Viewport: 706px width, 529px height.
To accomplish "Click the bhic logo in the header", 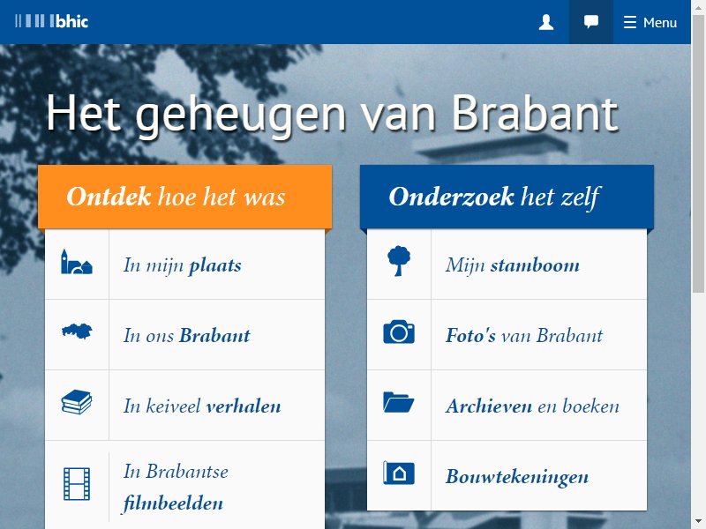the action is pos(52,21).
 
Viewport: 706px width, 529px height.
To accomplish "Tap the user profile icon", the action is pos(546,22).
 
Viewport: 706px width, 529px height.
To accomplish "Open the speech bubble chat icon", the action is pos(591,21).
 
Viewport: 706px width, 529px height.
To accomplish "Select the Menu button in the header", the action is pos(650,22).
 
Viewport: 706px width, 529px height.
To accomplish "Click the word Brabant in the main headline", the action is pos(535,114).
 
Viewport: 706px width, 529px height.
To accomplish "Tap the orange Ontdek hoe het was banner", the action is pos(185,197).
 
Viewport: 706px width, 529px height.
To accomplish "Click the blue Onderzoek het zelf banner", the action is pos(507,197).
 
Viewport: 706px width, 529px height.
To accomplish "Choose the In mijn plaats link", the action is pos(183,265).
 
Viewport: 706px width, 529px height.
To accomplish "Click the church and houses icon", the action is pos(77,262).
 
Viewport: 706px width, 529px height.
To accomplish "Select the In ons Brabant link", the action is pos(187,336).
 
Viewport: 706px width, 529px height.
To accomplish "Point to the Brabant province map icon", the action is pos(77,332).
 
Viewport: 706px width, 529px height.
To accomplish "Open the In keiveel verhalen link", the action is pos(202,406).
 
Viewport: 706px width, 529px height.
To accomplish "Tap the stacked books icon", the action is pos(77,402).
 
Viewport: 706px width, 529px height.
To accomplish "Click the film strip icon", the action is pos(77,484).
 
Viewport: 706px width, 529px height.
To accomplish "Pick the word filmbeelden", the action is pos(173,503).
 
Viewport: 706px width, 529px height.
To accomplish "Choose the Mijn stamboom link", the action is pos(513,265).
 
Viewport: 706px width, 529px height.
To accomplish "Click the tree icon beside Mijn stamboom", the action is pos(399,261).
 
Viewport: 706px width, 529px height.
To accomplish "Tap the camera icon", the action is pos(399,332).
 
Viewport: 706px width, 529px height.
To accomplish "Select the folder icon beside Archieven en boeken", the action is pos(399,402).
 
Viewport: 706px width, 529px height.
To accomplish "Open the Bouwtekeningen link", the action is pos(517,477).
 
